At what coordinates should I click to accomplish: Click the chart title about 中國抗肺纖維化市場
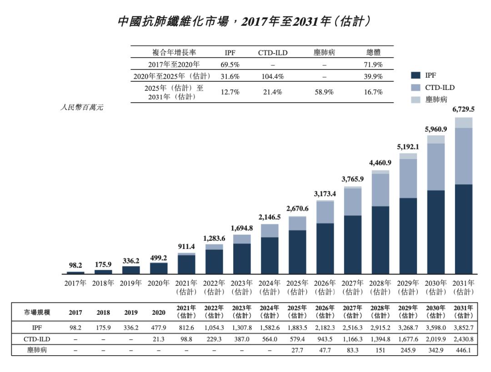[245, 21]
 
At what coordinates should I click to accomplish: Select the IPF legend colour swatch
[415, 75]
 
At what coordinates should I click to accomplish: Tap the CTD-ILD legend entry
[439, 87]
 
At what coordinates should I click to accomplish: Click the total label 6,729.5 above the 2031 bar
[463, 109]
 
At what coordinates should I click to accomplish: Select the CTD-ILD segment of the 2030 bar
[436, 167]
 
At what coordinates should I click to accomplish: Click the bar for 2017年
[75, 273]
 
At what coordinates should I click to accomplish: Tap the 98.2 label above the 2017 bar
[75, 265]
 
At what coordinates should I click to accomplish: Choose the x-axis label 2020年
[159, 283]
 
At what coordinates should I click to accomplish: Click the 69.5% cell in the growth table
[230, 64]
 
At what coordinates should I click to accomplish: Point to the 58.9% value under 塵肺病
[324, 92]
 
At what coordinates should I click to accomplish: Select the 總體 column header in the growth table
[373, 53]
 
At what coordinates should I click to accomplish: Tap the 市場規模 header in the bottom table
[38, 312]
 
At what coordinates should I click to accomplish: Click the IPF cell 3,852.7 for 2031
[463, 327]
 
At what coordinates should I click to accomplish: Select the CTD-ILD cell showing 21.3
[159, 339]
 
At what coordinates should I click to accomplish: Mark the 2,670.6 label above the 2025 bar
[297, 208]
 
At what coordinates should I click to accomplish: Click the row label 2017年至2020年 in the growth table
[174, 64]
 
